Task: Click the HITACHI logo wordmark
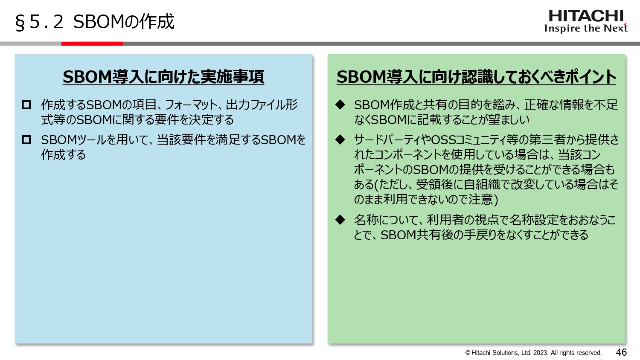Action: click(x=585, y=16)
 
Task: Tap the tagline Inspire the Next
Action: click(x=585, y=29)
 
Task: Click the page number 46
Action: click(x=621, y=352)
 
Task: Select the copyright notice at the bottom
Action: click(x=533, y=353)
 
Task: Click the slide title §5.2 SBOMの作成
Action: click(x=95, y=22)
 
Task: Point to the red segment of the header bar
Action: click(x=92, y=44)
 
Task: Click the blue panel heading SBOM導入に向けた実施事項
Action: click(x=163, y=77)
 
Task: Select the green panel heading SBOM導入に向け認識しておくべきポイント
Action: click(x=476, y=77)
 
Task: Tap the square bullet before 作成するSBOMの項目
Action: click(x=26, y=105)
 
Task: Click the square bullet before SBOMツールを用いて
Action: click(x=26, y=139)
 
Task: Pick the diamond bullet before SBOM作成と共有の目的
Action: click(x=340, y=105)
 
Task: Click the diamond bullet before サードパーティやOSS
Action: click(x=340, y=139)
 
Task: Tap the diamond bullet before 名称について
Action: click(x=340, y=220)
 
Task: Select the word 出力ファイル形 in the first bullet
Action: click(x=262, y=105)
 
